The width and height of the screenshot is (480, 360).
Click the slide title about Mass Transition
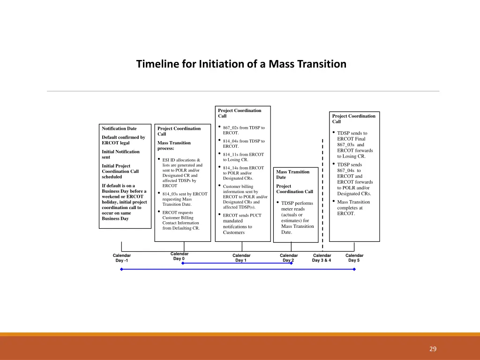point(241,64)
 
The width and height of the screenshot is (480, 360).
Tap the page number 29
point(433,349)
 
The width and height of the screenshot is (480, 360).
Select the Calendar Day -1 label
point(122,258)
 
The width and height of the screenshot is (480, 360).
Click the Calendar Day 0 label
point(179,256)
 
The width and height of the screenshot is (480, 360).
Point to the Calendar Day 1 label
point(241,258)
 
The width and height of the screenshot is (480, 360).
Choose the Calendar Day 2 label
point(288,258)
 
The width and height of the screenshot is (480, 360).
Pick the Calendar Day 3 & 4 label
point(322,258)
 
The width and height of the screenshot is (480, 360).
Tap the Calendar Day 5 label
point(354,258)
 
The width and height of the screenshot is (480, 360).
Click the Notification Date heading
point(119,128)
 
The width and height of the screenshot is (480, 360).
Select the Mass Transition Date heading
point(292,174)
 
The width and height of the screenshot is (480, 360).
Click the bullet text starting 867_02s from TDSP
point(243,130)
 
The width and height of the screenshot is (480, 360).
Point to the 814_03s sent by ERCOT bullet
point(184,199)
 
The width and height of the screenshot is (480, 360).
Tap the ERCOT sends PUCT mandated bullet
point(241,224)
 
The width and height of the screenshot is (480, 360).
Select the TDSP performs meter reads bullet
point(297,217)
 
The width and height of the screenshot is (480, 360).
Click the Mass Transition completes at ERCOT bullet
point(353,208)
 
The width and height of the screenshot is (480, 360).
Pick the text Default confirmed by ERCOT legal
point(123,140)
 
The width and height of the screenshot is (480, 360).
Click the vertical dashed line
point(322,192)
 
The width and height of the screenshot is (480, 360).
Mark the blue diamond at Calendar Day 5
point(354,270)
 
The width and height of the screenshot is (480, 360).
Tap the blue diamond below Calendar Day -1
point(121,270)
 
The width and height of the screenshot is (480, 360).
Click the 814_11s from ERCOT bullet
point(243,157)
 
